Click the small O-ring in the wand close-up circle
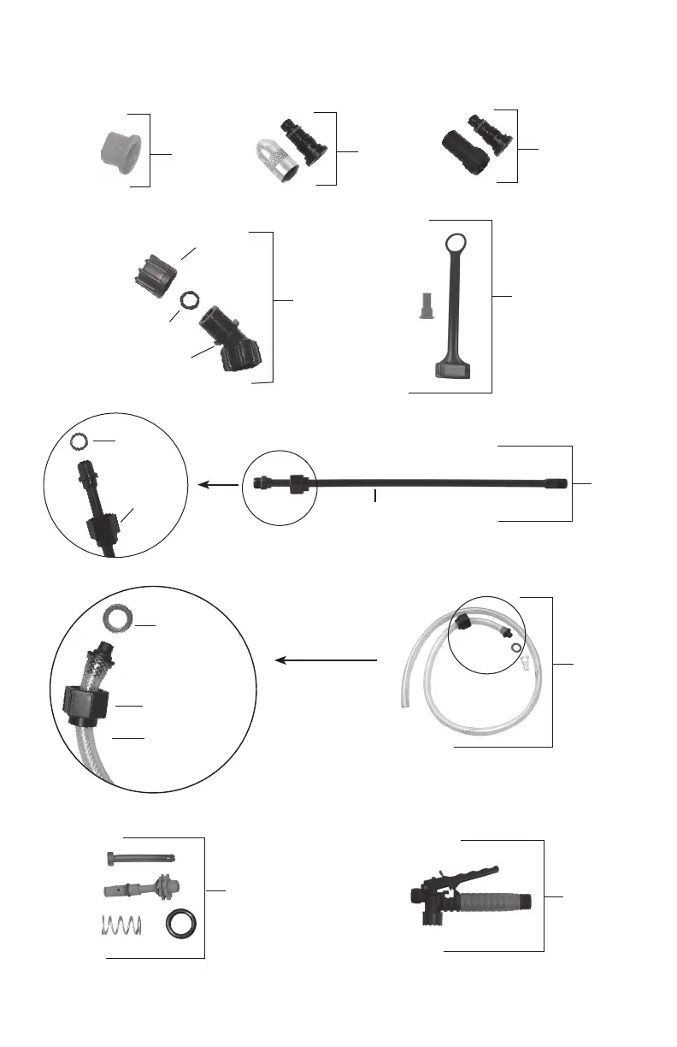pyautogui.click(x=79, y=442)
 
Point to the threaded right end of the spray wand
pyautogui.click(x=555, y=483)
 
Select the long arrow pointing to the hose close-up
pyautogui.click(x=325, y=660)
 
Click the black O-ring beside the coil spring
pyautogui.click(x=180, y=926)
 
